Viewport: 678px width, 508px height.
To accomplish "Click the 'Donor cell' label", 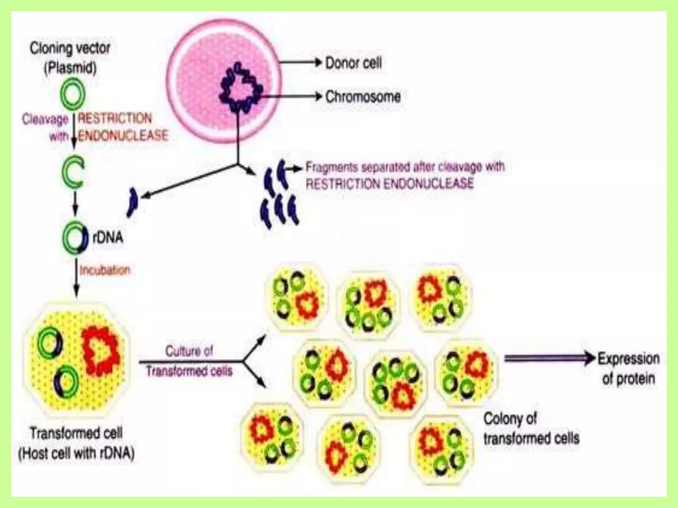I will click(x=353, y=63).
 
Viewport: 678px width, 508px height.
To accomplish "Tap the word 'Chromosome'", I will click(x=363, y=97).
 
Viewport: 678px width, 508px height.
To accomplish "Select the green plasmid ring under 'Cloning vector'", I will click(x=73, y=94).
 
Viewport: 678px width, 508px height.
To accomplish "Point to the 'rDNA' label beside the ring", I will click(x=108, y=237).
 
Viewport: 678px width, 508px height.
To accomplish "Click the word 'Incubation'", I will click(x=105, y=270).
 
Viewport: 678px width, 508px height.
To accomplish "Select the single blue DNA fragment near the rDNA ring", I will click(x=132, y=202).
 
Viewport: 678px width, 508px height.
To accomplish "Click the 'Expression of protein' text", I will click(x=628, y=368).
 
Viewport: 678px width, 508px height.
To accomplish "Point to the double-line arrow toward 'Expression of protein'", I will click(x=548, y=359).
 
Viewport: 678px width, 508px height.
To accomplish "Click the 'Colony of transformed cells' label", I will click(x=531, y=429).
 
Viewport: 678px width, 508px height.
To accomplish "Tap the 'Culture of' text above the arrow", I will click(x=189, y=351).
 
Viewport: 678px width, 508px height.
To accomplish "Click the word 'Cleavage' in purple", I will click(x=45, y=119).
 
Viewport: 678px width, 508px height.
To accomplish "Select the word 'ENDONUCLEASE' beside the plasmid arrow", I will click(x=123, y=135).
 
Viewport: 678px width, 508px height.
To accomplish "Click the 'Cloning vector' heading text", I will click(x=70, y=48).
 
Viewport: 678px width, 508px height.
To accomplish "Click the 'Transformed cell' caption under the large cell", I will click(x=76, y=433).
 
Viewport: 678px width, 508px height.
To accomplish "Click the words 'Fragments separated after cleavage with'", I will click(x=405, y=167).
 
